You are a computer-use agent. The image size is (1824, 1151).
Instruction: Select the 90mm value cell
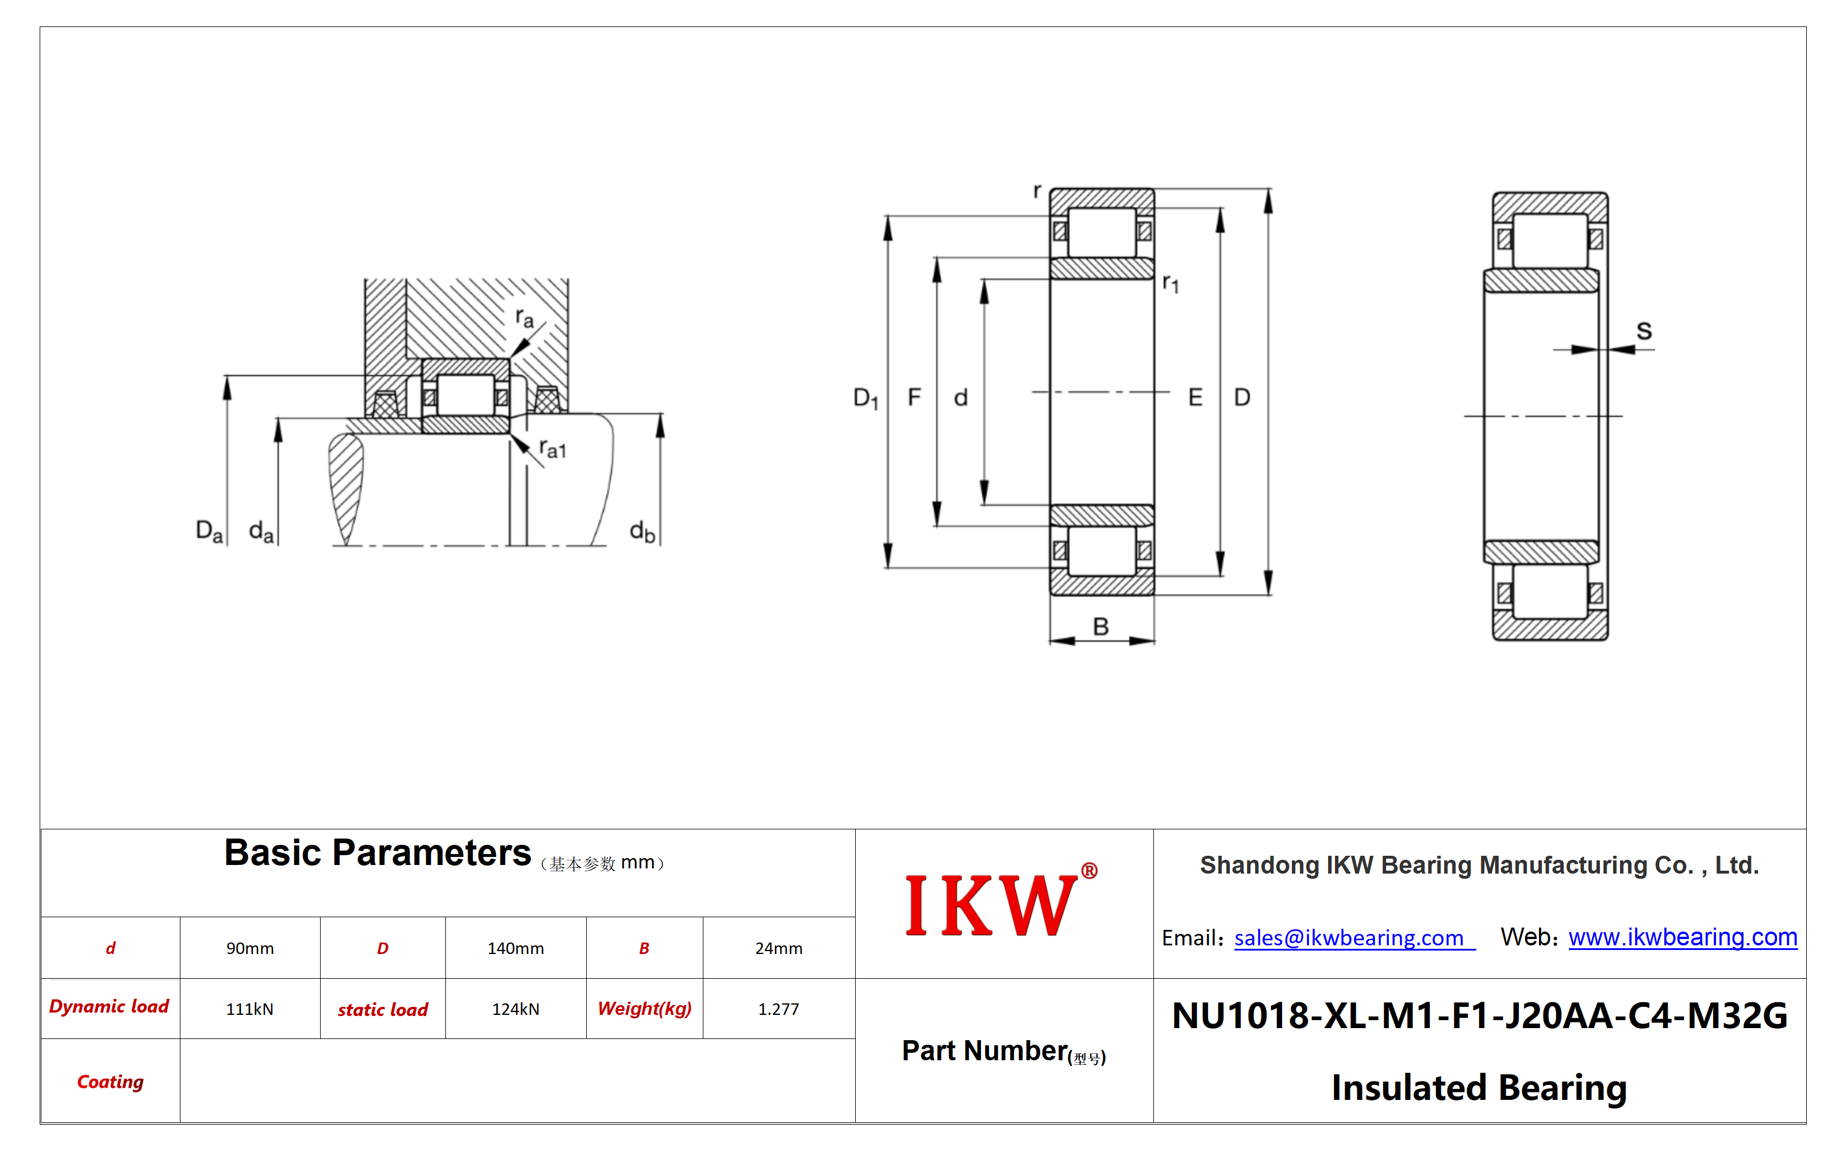click(x=250, y=948)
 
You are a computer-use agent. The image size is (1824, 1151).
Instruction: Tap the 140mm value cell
click(x=516, y=948)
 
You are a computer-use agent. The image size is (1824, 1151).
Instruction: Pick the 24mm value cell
click(x=779, y=948)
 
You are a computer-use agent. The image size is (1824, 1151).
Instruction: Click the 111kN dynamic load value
click(x=250, y=1009)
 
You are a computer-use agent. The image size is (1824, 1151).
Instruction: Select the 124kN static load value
click(x=516, y=1009)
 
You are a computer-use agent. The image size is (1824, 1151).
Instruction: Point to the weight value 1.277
click(x=779, y=1009)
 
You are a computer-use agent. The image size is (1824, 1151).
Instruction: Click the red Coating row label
click(x=110, y=1082)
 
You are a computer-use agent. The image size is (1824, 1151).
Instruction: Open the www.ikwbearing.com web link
click(x=1683, y=937)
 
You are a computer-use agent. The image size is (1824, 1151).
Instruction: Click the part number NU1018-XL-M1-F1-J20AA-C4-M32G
click(x=1479, y=1015)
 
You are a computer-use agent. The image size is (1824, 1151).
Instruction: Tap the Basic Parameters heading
click(x=377, y=853)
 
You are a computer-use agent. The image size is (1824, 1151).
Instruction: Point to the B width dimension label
click(x=1100, y=626)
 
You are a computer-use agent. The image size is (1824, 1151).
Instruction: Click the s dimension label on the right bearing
click(x=1644, y=331)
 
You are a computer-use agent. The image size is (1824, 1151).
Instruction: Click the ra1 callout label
click(x=553, y=449)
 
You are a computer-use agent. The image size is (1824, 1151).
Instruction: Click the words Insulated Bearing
click(x=1479, y=1087)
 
